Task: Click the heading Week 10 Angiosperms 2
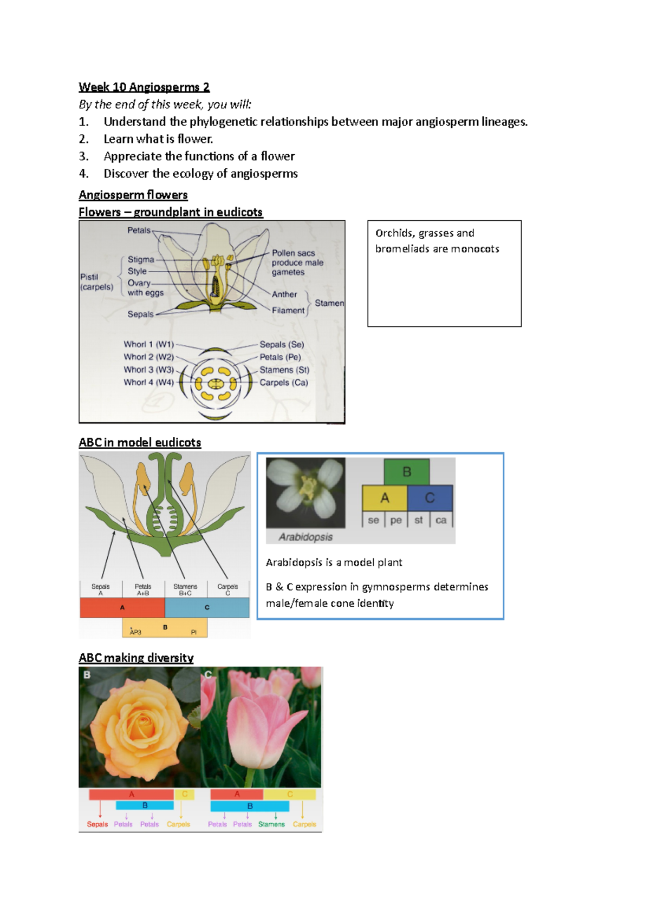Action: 144,87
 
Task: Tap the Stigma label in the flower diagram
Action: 141,260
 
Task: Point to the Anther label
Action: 284,294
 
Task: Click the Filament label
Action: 288,311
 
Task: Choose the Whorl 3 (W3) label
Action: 148,370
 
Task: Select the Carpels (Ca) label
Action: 283,383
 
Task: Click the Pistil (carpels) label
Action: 96,282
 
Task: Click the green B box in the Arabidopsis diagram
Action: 407,472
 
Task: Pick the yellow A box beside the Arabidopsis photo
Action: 385,498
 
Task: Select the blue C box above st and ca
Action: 430,498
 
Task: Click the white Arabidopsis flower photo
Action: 305,492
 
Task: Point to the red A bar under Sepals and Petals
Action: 122,608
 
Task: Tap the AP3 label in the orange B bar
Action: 135,632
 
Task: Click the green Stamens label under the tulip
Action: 271,824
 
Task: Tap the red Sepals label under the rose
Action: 97,824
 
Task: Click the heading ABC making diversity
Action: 136,658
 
